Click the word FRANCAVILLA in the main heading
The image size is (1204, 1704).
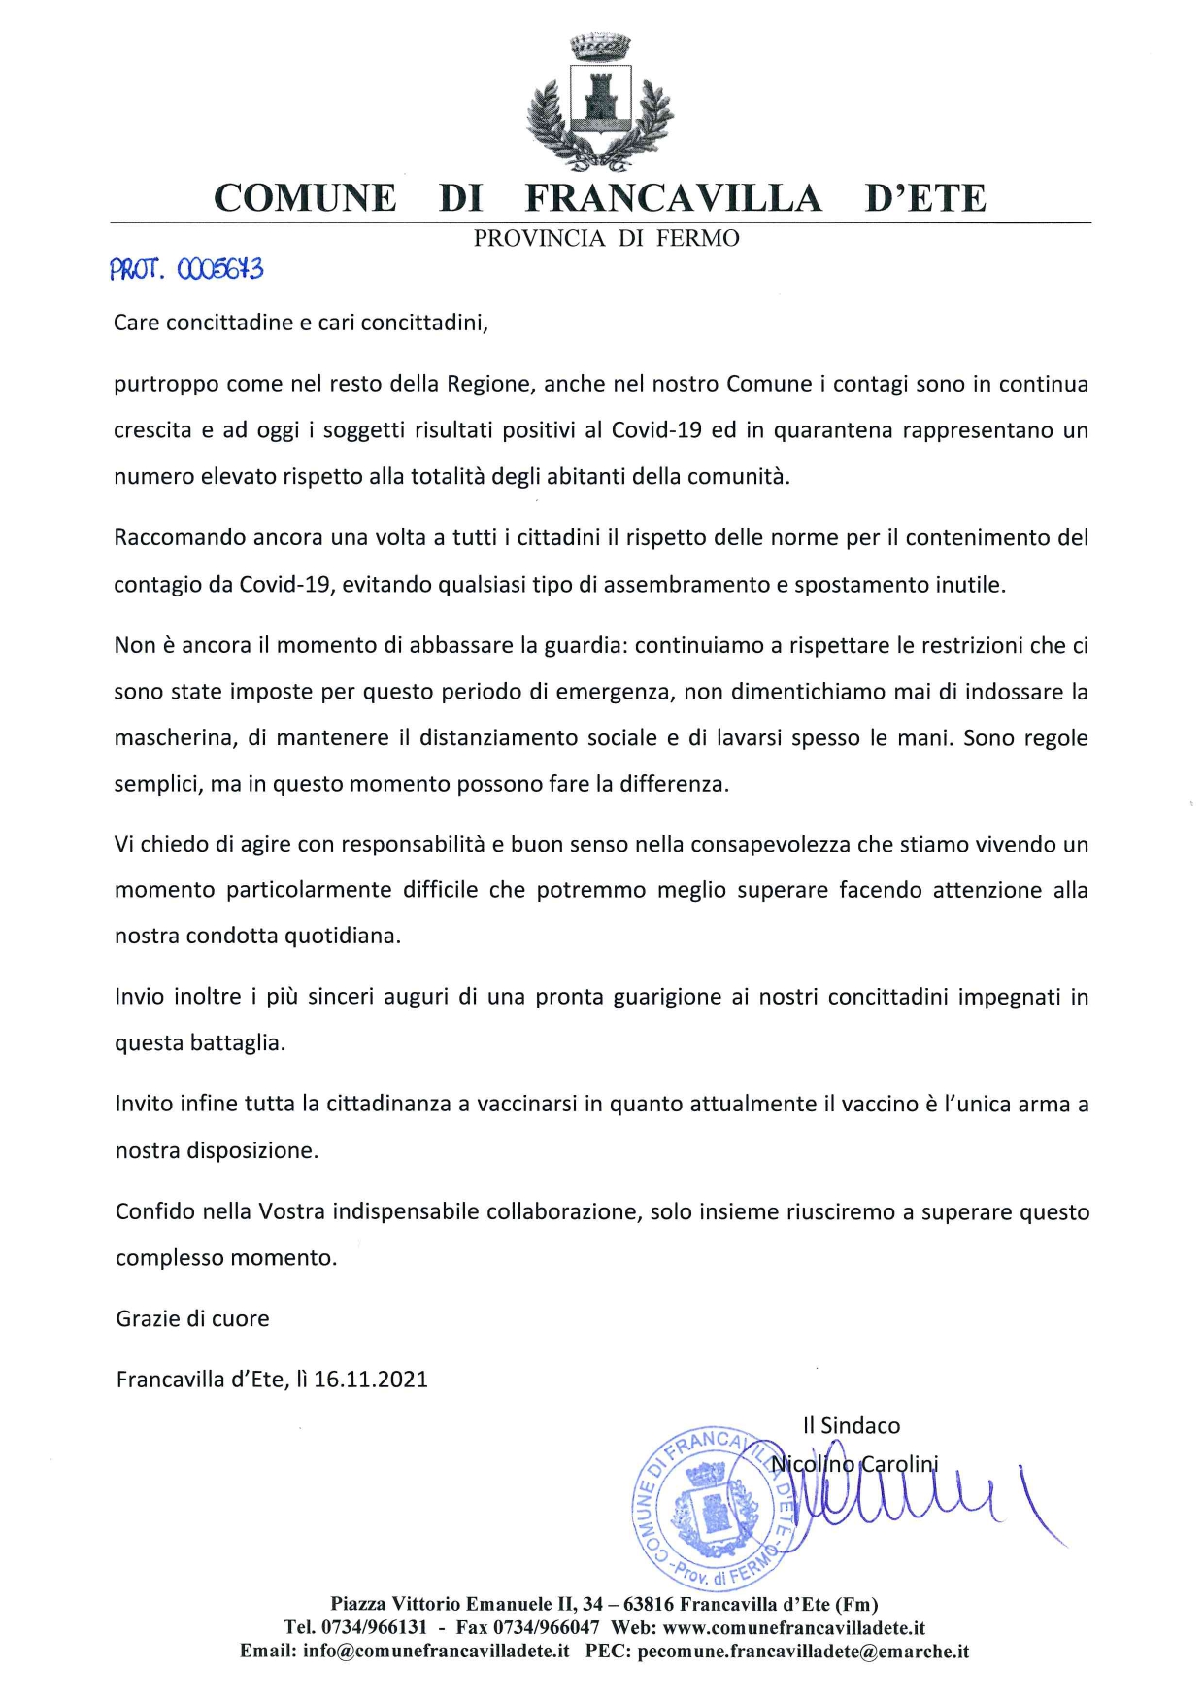coord(673,198)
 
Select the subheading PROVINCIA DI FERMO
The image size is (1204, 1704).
coord(606,239)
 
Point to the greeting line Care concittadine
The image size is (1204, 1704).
coord(300,323)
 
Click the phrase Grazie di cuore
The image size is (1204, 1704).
coord(192,1318)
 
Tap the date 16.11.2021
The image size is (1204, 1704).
coord(371,1380)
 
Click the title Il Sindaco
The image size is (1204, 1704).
coord(852,1425)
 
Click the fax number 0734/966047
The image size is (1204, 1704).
coord(546,1627)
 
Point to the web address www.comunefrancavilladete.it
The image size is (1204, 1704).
coord(793,1627)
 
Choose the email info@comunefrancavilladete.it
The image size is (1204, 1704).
coord(435,1652)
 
